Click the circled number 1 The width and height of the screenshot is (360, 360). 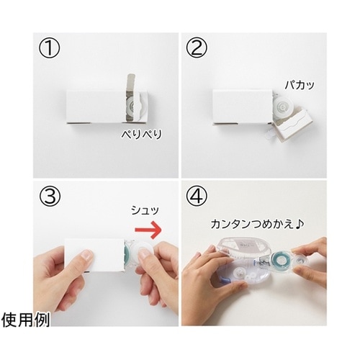point(49,48)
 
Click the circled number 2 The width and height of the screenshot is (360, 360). point(197,48)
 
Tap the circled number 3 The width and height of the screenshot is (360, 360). point(49,196)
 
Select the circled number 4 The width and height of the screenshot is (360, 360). point(197,196)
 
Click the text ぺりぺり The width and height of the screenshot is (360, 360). point(142,135)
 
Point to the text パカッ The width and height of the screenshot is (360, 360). point(300,85)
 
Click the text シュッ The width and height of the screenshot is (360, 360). point(145,210)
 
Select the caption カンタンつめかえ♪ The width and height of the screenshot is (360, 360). point(257,225)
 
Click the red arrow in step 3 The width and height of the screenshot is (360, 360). point(148,230)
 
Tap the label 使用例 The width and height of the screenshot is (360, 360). point(25,320)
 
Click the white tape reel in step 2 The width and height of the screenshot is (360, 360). point(283,106)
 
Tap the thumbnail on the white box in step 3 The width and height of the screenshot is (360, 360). point(87,255)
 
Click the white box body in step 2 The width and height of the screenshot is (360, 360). point(243,107)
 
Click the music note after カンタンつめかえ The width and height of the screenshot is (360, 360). point(300,224)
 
